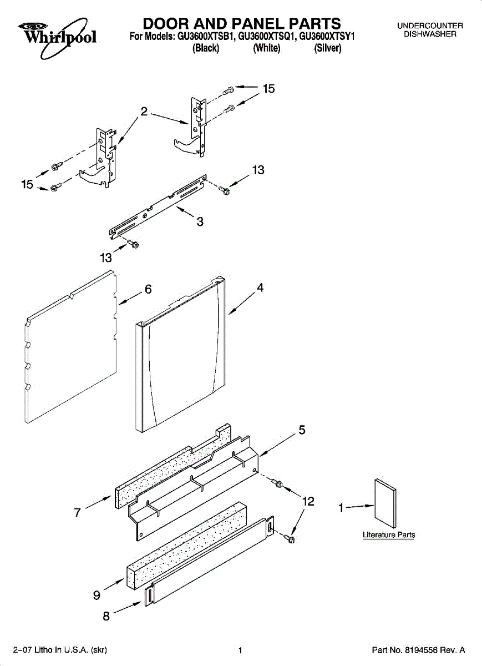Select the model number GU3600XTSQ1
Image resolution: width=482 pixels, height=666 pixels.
[x=267, y=37]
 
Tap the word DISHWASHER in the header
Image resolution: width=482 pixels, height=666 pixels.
[x=430, y=34]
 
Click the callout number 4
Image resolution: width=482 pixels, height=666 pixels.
[x=260, y=287]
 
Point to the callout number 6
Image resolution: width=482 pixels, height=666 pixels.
[x=148, y=289]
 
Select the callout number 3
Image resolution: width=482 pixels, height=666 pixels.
[x=200, y=222]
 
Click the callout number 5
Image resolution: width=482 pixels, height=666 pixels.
[x=302, y=429]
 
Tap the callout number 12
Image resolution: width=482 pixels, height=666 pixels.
[x=308, y=501]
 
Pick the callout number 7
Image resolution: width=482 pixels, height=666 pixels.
[x=78, y=513]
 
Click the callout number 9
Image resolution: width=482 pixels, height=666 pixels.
[x=97, y=595]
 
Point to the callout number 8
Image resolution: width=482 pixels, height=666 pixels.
[x=106, y=615]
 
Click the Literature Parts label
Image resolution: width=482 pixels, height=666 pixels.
[x=389, y=535]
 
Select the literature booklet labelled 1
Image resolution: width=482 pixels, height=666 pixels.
[x=386, y=503]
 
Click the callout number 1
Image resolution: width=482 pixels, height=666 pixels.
[x=342, y=507]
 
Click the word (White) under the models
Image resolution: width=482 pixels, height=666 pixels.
[x=267, y=48]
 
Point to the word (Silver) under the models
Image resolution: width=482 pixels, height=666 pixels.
[x=328, y=48]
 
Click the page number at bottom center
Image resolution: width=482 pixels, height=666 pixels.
[x=240, y=650]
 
